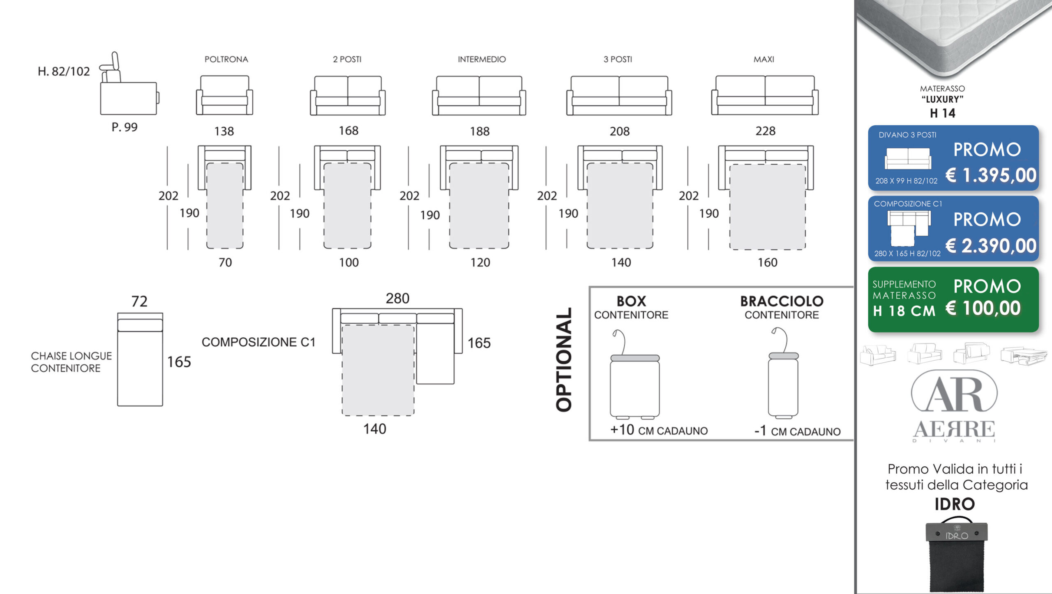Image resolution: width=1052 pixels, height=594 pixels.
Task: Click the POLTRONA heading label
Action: pos(226,59)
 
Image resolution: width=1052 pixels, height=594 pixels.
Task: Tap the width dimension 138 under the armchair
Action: pos(224,131)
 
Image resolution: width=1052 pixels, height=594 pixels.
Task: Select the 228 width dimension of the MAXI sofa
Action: pos(765,131)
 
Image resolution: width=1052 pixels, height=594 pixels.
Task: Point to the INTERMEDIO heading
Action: pos(482,59)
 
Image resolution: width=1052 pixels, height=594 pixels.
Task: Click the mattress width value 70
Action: pos(225,262)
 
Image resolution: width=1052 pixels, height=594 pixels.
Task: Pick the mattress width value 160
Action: pos(767,262)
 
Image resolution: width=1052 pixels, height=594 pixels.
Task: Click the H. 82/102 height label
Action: pos(64,71)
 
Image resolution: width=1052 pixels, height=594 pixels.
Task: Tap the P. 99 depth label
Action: pos(125,127)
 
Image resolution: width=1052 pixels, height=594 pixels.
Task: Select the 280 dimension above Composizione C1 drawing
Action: pos(397,298)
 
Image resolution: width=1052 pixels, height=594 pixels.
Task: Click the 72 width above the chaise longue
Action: pos(139,301)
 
